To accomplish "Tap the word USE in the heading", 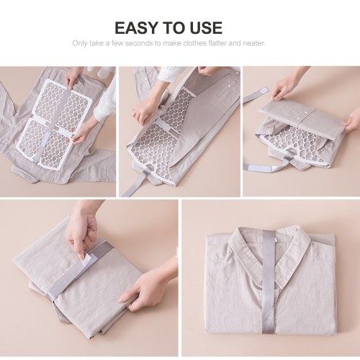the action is click(x=207, y=27).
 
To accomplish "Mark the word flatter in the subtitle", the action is click(x=218, y=43).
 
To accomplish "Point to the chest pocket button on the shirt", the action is click(x=230, y=85).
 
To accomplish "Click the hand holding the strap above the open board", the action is click(x=73, y=78).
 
